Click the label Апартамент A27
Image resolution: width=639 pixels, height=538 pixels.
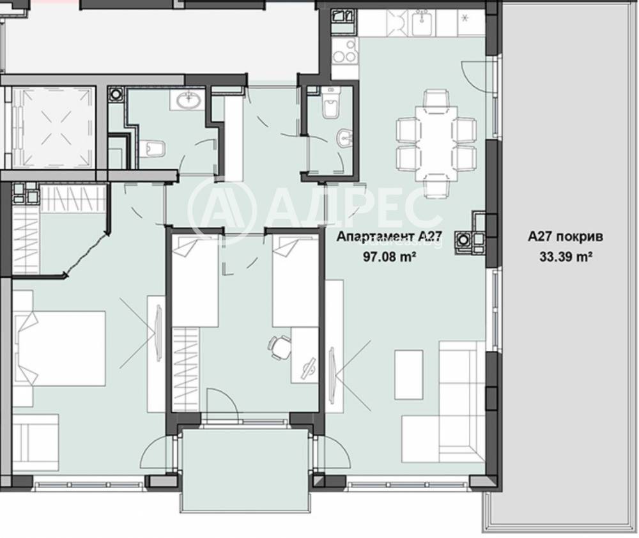(389, 237)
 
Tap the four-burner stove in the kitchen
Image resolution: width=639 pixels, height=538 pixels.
(344, 51)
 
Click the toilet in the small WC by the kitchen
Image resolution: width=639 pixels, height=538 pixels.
(330, 108)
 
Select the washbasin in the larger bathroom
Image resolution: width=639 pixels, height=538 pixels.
(188, 100)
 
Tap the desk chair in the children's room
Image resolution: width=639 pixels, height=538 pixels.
(279, 346)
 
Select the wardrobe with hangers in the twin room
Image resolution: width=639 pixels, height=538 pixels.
(187, 368)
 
